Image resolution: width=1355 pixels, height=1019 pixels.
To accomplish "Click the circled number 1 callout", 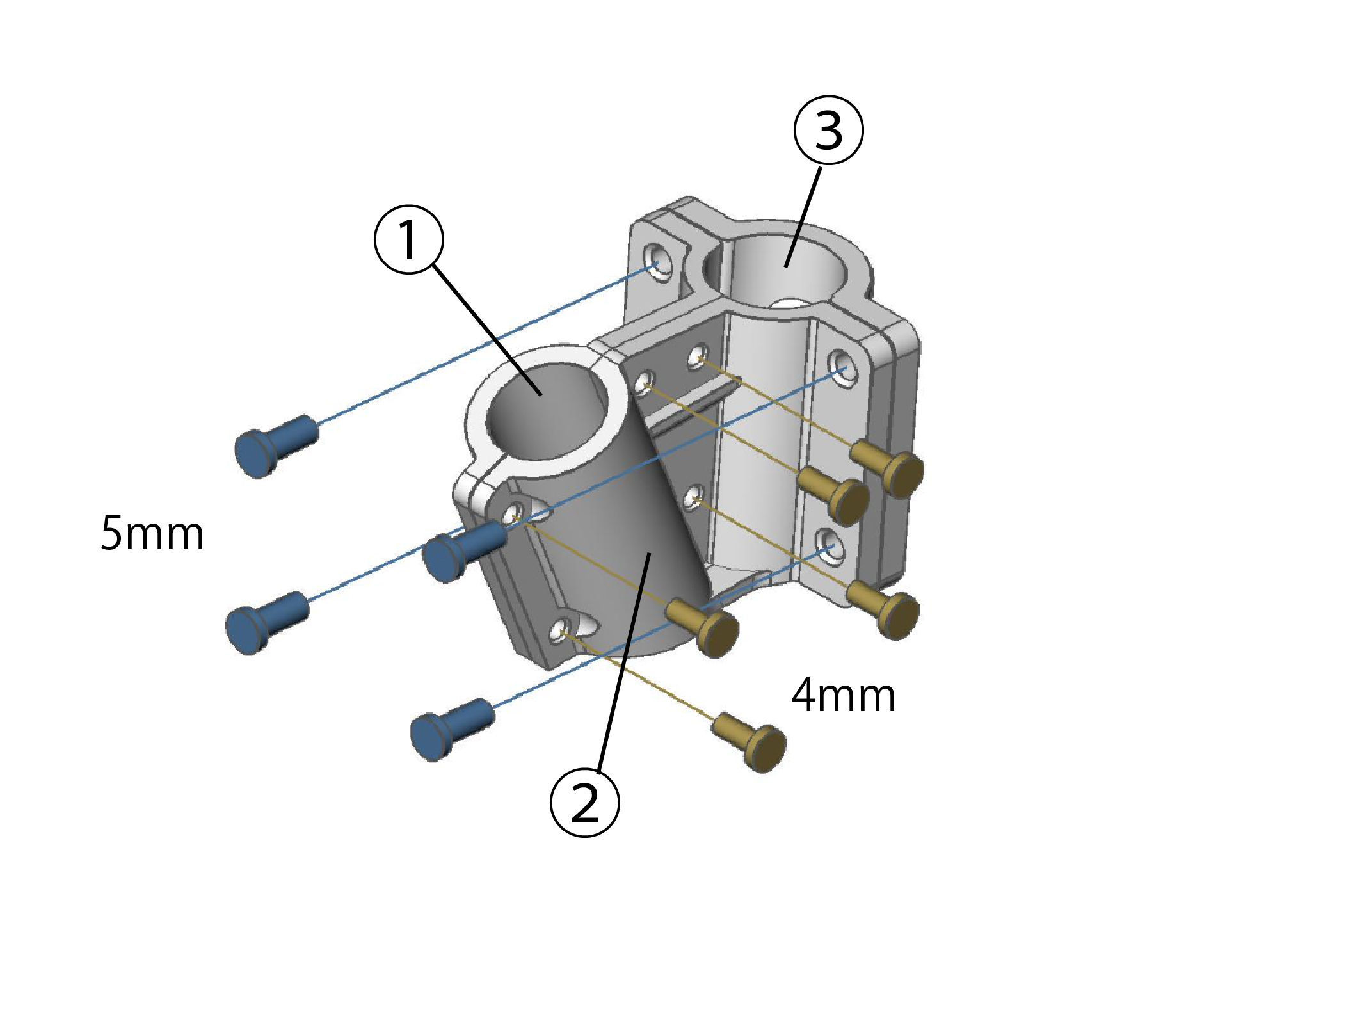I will pos(408,239).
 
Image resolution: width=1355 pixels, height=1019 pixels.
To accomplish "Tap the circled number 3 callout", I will pos(828,131).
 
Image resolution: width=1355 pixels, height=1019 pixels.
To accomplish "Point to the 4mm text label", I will pos(843,696).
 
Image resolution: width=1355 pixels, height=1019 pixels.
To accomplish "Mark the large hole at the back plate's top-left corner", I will pos(657,262).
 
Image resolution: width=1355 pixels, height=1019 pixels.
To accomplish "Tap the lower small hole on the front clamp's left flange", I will pos(561,631).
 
